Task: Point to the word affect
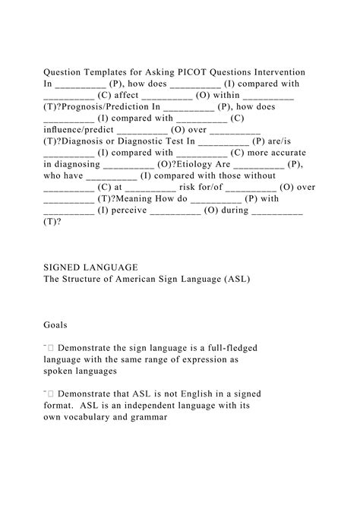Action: [119, 96]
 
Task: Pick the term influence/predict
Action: [78, 130]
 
